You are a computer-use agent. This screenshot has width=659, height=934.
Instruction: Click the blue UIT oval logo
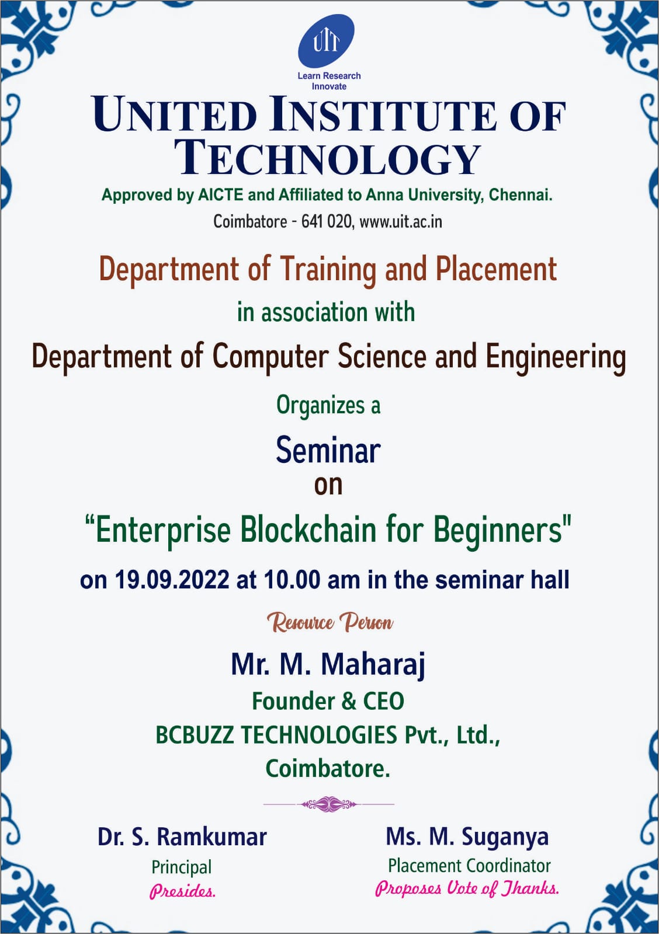[x=326, y=41]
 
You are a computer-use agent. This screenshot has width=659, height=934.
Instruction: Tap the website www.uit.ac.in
[x=401, y=221]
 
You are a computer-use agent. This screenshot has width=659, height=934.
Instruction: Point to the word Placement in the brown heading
[x=496, y=269]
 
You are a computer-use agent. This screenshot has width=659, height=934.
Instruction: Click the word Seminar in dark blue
[x=328, y=451]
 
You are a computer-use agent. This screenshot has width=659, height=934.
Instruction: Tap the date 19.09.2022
[x=172, y=580]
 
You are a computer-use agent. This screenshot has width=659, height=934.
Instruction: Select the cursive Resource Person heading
[x=329, y=622]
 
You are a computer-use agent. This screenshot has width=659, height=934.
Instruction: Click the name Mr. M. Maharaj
[x=328, y=665]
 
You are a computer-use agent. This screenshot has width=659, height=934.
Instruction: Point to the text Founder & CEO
[x=328, y=701]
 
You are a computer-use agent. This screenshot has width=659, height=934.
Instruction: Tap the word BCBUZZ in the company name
[x=195, y=734]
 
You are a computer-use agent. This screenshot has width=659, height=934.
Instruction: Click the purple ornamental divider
[x=329, y=804]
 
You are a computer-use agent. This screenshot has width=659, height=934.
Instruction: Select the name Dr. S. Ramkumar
[x=182, y=837]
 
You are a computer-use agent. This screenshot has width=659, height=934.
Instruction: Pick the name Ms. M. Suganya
[x=467, y=837]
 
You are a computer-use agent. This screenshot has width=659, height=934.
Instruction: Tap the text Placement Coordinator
[x=470, y=866]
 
